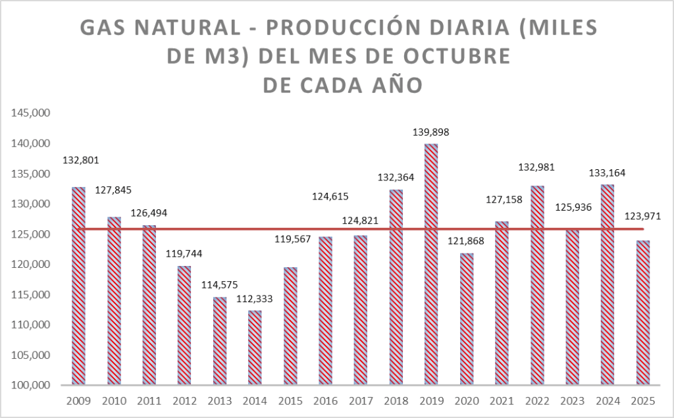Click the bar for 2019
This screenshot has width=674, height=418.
point(431,264)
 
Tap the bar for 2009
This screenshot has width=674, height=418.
point(78,286)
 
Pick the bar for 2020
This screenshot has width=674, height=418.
point(467,319)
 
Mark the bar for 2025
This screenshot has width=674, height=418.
point(643,312)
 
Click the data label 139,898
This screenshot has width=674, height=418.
point(431,132)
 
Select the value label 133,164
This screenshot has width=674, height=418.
point(608,173)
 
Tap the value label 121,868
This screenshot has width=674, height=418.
point(466,241)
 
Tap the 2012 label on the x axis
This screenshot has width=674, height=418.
point(184,400)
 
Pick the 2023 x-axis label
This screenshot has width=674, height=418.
point(572,400)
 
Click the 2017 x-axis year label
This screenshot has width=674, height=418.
point(361,400)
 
